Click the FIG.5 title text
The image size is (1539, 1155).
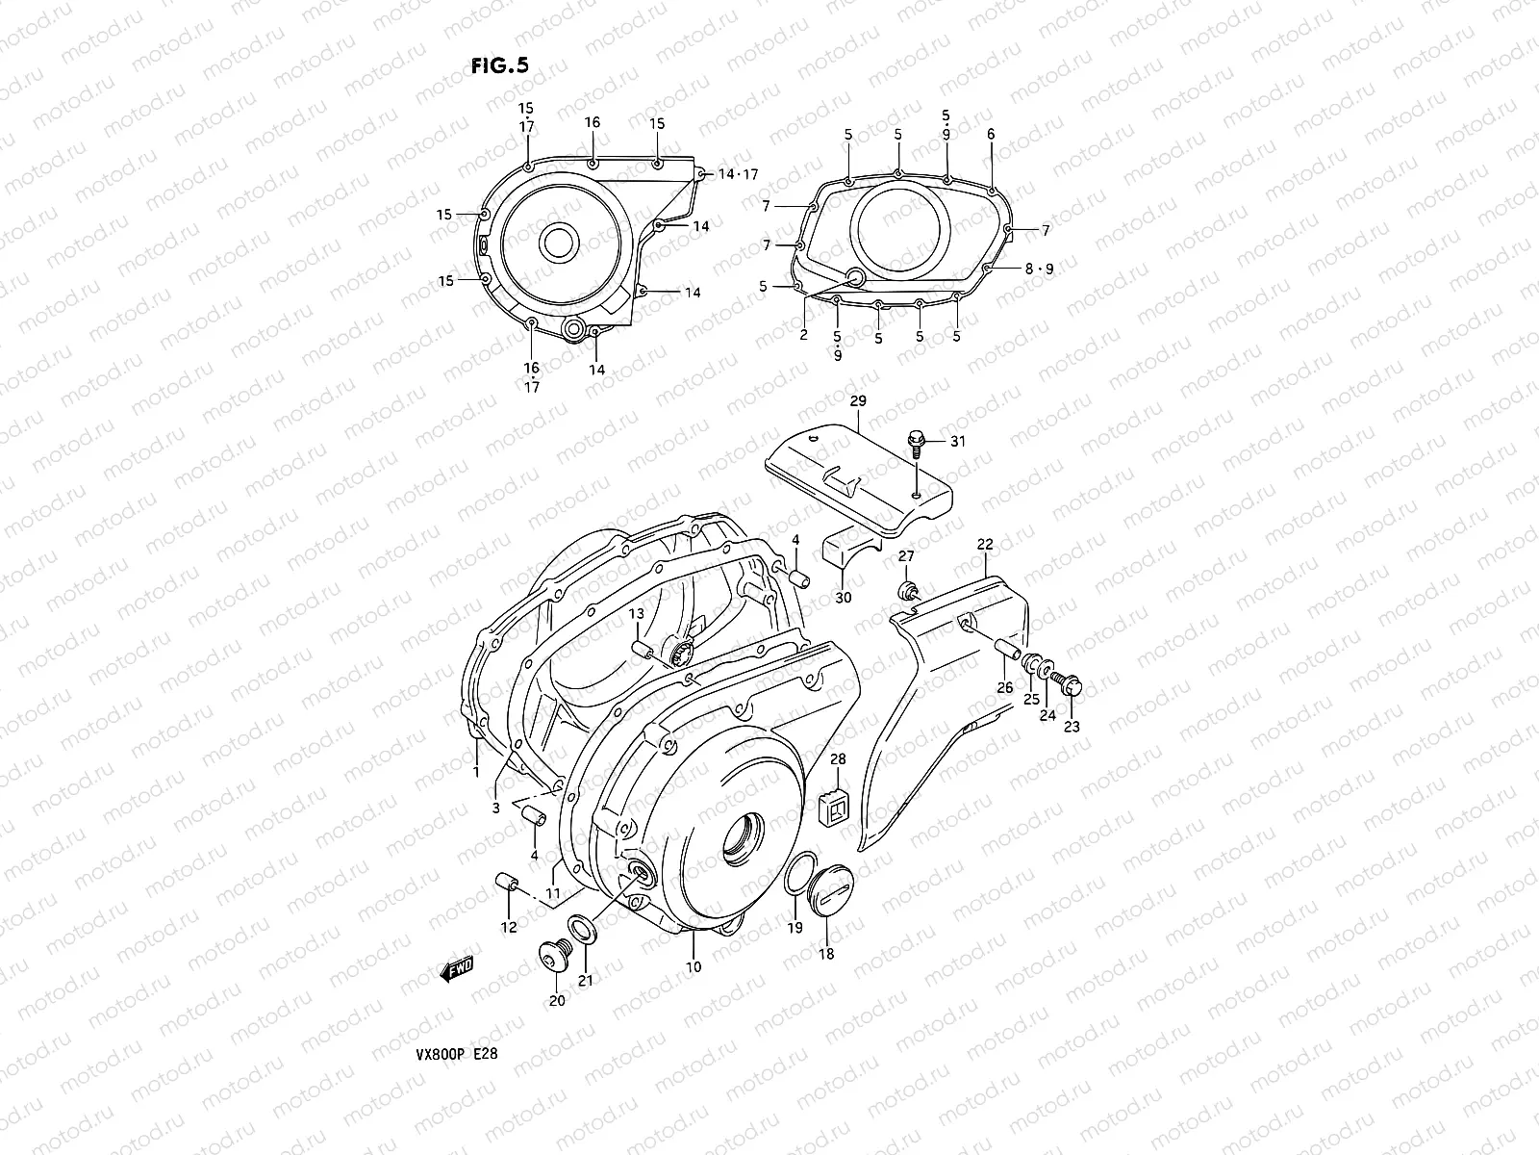click(x=500, y=65)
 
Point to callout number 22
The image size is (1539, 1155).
click(x=985, y=545)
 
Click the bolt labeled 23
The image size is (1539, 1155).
click(x=1070, y=685)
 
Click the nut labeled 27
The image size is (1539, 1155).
click(x=907, y=589)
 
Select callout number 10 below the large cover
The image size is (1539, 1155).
click(x=694, y=966)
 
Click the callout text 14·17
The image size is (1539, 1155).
click(x=739, y=174)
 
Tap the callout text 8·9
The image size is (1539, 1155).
click(x=1039, y=269)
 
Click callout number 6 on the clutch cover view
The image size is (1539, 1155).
click(x=991, y=135)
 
